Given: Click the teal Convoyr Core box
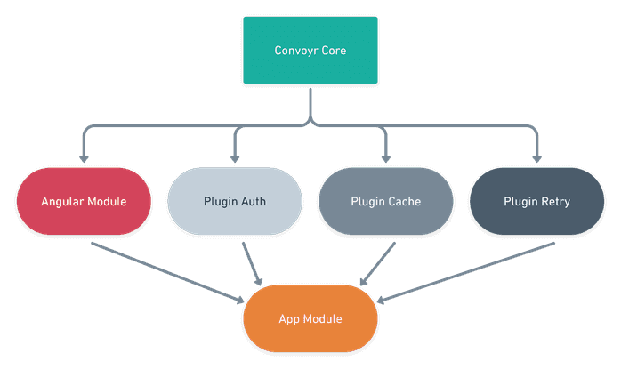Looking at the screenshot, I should [x=310, y=51].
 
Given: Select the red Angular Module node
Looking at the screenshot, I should [x=83, y=202].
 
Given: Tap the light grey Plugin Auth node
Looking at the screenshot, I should [x=234, y=202].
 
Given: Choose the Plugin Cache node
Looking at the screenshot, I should [x=384, y=202].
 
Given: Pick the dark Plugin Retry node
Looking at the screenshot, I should [x=536, y=202].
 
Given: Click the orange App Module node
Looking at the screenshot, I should [x=310, y=318].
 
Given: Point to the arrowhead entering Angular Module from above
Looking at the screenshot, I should [x=83, y=157].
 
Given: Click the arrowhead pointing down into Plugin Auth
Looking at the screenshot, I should [x=234, y=157].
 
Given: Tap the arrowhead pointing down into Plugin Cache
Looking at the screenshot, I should [x=384, y=157].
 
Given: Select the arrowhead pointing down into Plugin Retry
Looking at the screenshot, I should [x=536, y=157].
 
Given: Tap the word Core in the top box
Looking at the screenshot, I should [x=332, y=51].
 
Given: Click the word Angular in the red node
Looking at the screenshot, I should [x=61, y=202].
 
